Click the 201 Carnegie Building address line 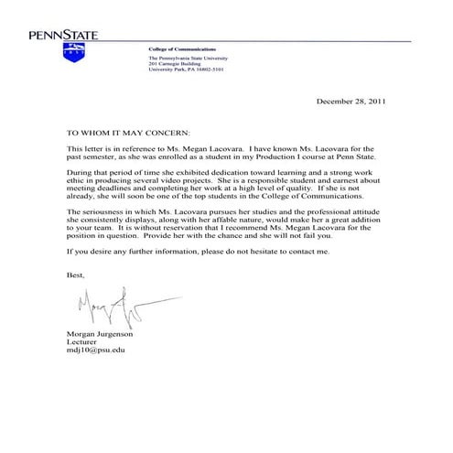pos(173,62)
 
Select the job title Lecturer pos(82,342)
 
